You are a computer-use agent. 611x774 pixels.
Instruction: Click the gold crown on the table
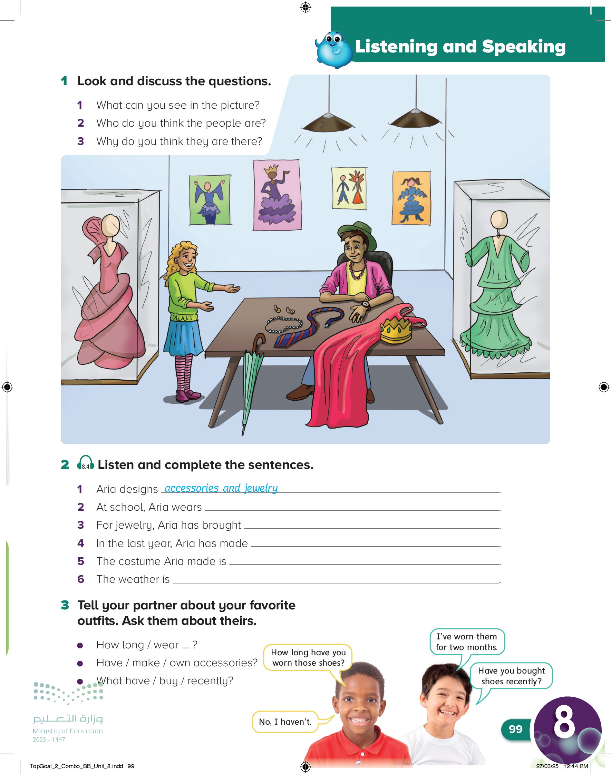click(x=396, y=329)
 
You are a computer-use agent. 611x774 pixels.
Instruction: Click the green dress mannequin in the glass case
click(x=497, y=286)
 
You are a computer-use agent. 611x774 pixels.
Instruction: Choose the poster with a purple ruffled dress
click(x=277, y=195)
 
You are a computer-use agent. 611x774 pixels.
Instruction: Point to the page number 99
click(x=515, y=729)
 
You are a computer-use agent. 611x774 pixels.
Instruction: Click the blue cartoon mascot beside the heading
click(x=334, y=50)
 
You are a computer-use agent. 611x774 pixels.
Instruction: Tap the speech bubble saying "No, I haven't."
click(x=285, y=722)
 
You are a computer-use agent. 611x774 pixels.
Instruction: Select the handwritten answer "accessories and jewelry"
click(x=221, y=488)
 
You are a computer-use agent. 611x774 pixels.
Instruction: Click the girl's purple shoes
click(x=188, y=395)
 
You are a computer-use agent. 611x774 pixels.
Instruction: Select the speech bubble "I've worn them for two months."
click(x=467, y=642)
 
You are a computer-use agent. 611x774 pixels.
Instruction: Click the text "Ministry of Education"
click(x=68, y=731)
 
